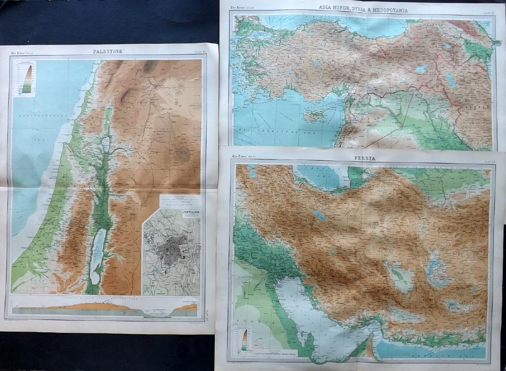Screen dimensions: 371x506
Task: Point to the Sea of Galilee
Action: pyautogui.click(x=105, y=143)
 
